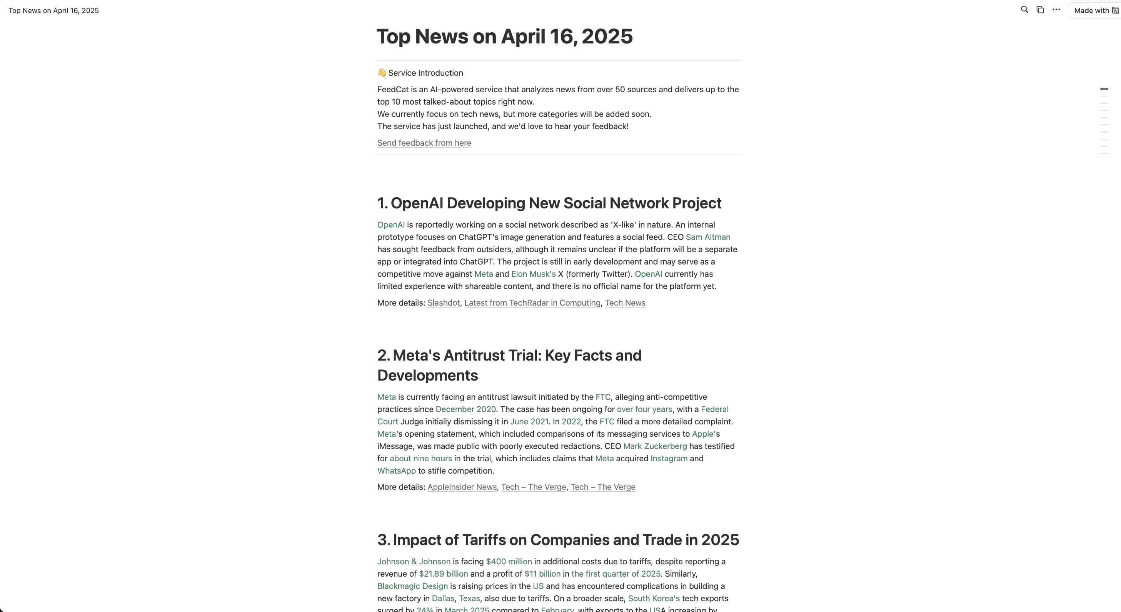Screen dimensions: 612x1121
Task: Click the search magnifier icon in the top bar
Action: click(x=1024, y=10)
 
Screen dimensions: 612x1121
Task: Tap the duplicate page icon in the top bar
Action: click(x=1040, y=10)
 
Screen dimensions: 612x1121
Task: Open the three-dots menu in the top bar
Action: click(x=1056, y=10)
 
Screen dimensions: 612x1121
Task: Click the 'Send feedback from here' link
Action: click(x=424, y=143)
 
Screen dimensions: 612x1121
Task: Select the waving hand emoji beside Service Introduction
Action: click(x=382, y=73)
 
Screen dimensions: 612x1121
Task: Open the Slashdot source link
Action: click(x=443, y=303)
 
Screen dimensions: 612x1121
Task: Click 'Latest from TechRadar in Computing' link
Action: click(x=532, y=303)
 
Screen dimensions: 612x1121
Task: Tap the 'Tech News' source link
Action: click(x=625, y=303)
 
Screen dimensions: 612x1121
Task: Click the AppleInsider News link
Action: click(x=462, y=487)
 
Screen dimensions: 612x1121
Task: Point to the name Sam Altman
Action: click(x=707, y=237)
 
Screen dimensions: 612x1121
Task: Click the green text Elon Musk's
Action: click(x=533, y=274)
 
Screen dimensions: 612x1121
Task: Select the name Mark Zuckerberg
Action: click(x=654, y=446)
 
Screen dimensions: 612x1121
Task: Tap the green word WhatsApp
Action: click(x=396, y=471)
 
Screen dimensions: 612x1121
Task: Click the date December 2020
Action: click(x=465, y=409)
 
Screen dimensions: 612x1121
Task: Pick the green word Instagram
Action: click(x=669, y=459)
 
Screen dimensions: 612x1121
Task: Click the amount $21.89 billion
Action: click(x=443, y=574)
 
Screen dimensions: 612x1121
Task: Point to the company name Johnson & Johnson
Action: click(x=414, y=562)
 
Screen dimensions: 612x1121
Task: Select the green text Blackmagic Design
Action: click(x=412, y=586)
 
